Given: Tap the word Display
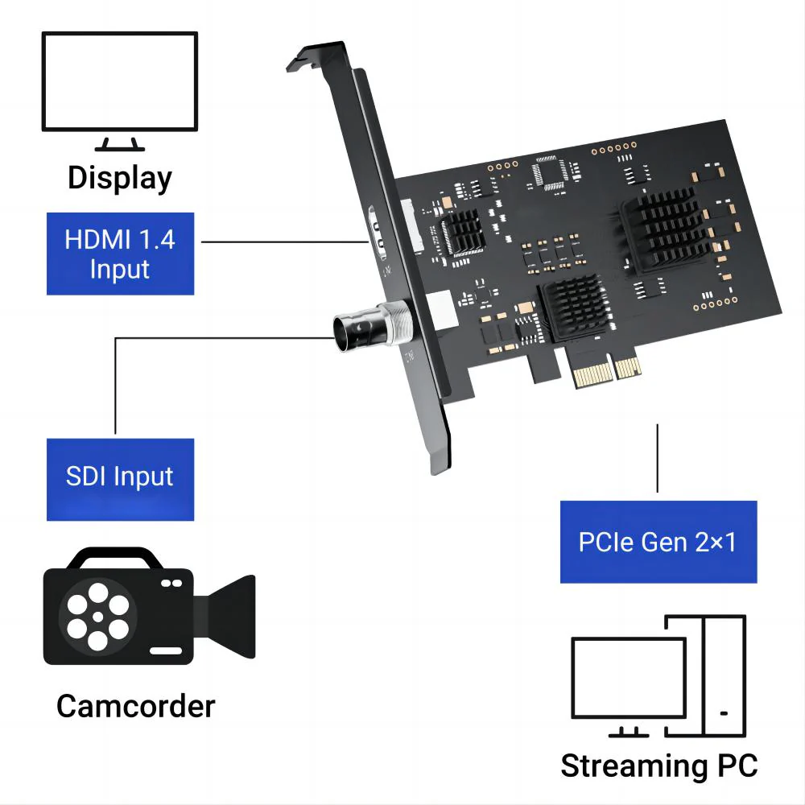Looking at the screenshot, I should (120, 178).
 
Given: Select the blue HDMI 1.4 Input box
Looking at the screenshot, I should (120, 254).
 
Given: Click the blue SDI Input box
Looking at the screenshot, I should (120, 477).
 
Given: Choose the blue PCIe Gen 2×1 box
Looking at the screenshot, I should (658, 542).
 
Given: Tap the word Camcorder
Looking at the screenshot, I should (136, 706).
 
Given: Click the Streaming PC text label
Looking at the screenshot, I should (658, 765).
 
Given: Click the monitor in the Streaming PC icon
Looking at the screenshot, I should (628, 680).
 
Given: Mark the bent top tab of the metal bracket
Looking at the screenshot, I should (310, 57).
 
